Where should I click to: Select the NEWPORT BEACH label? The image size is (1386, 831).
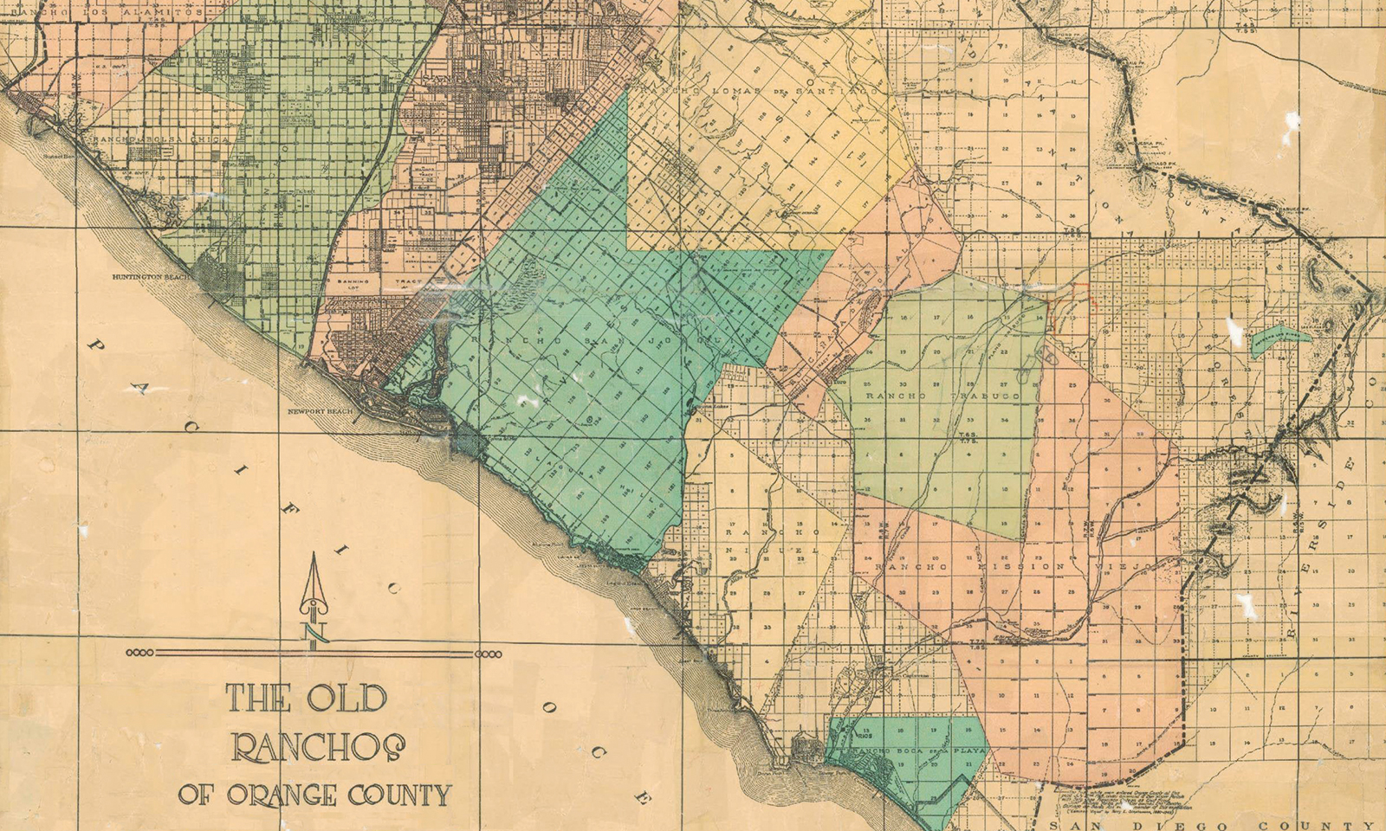point(320,411)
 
